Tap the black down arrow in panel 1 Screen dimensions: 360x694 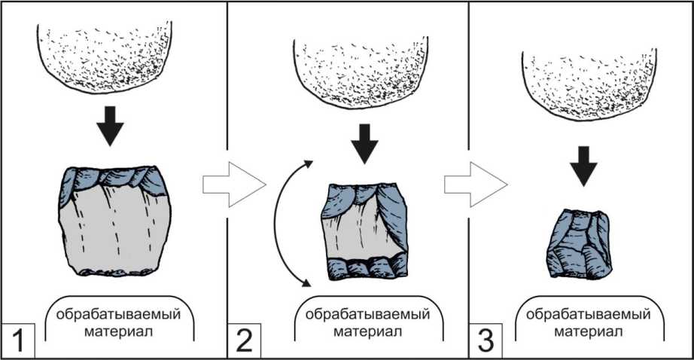point(112,127)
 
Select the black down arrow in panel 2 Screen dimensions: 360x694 point(366,142)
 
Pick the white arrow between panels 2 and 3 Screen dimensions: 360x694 point(475,183)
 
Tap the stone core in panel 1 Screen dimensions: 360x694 point(113,220)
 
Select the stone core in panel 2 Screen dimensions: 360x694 point(366,230)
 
